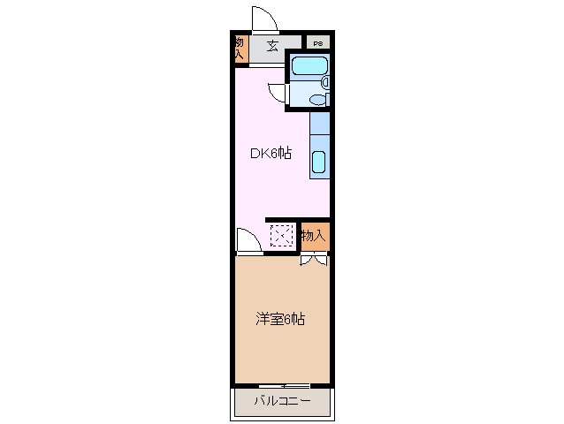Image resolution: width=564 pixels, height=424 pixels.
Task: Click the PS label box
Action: pyautogui.click(x=316, y=42)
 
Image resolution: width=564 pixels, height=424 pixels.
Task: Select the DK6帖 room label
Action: pyautogui.click(x=270, y=153)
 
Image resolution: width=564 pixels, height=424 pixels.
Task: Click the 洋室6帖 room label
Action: pyautogui.click(x=281, y=319)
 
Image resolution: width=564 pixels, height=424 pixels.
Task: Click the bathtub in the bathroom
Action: pyautogui.click(x=309, y=66)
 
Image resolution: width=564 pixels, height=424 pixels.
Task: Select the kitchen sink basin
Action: pyautogui.click(x=320, y=162)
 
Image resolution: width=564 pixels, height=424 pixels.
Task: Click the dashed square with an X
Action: pyautogui.click(x=282, y=236)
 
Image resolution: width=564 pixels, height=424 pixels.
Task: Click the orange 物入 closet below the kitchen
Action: pyautogui.click(x=314, y=235)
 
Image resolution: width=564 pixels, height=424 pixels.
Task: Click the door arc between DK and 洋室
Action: pyautogui.click(x=248, y=241)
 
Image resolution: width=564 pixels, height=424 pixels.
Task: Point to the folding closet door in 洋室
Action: pyautogui.click(x=314, y=260)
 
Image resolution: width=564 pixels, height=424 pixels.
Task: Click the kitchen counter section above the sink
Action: pyautogui.click(x=320, y=124)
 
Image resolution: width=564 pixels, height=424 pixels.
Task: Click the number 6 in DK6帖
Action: pyautogui.click(x=273, y=153)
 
